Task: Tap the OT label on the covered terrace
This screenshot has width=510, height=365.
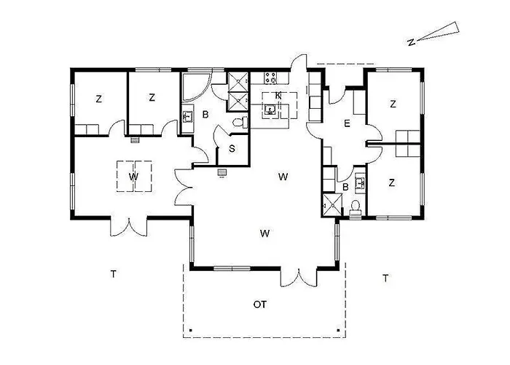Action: [x=259, y=304]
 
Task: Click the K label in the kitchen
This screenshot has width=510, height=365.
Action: [x=278, y=96]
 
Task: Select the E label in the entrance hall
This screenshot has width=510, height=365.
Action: [x=347, y=124]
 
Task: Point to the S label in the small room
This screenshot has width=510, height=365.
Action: [x=232, y=149]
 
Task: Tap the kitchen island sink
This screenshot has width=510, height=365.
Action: [x=270, y=110]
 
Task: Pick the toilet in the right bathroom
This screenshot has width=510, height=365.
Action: [x=356, y=207]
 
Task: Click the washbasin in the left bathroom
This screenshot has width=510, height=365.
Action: [x=187, y=115]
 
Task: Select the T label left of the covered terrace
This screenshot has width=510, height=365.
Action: [x=114, y=274]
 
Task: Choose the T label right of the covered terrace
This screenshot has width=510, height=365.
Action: [x=385, y=277]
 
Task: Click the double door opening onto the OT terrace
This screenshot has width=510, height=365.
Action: [x=299, y=277]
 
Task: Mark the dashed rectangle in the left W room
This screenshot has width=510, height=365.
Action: [x=135, y=175]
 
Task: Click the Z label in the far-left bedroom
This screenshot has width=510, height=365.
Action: [x=98, y=99]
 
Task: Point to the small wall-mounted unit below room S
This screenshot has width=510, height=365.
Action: [x=222, y=173]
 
